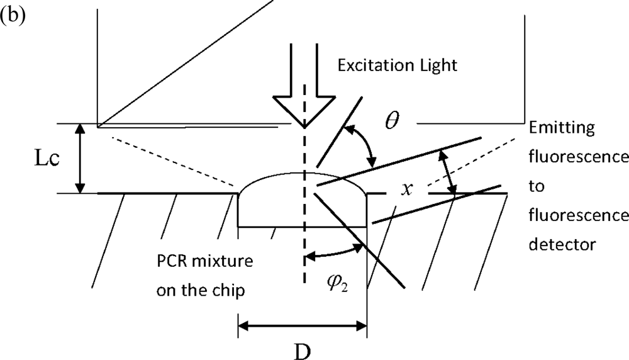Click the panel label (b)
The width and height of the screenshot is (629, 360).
click(13, 16)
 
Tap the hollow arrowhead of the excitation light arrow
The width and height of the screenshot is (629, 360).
click(304, 110)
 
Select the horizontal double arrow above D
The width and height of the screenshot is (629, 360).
click(302, 326)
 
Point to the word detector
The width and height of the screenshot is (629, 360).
click(561, 244)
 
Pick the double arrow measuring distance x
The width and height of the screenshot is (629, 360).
click(448, 172)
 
